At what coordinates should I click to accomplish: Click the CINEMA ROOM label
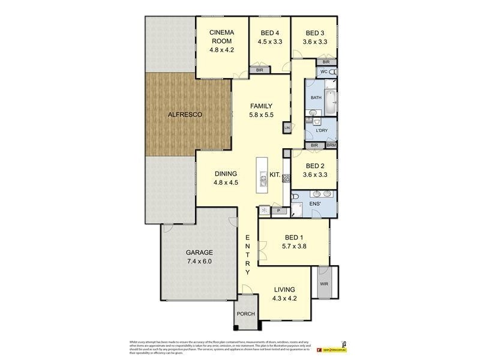click(221, 37)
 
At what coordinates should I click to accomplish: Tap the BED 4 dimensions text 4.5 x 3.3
click(270, 41)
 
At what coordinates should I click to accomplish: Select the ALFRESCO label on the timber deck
click(185, 114)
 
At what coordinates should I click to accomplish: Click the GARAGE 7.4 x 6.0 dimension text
click(199, 261)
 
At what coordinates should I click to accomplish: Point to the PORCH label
click(246, 314)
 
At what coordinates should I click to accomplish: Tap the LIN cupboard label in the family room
click(287, 128)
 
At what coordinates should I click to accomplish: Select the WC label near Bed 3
click(323, 72)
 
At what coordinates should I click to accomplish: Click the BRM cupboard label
click(331, 145)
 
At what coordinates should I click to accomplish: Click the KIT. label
click(275, 175)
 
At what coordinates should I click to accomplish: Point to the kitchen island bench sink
click(263, 178)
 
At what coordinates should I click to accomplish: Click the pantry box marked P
click(278, 211)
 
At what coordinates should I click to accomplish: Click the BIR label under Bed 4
click(259, 70)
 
